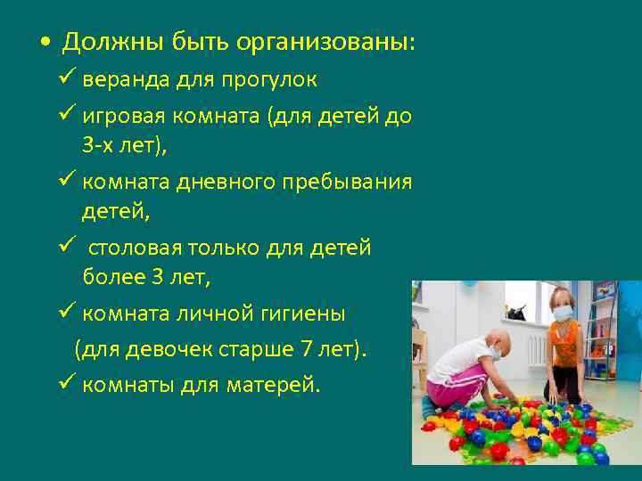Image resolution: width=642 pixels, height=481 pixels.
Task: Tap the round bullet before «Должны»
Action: (x=45, y=43)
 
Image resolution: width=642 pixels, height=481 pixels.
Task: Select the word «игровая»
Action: (x=120, y=118)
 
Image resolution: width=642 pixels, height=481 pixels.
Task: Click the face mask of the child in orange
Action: (x=564, y=313)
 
